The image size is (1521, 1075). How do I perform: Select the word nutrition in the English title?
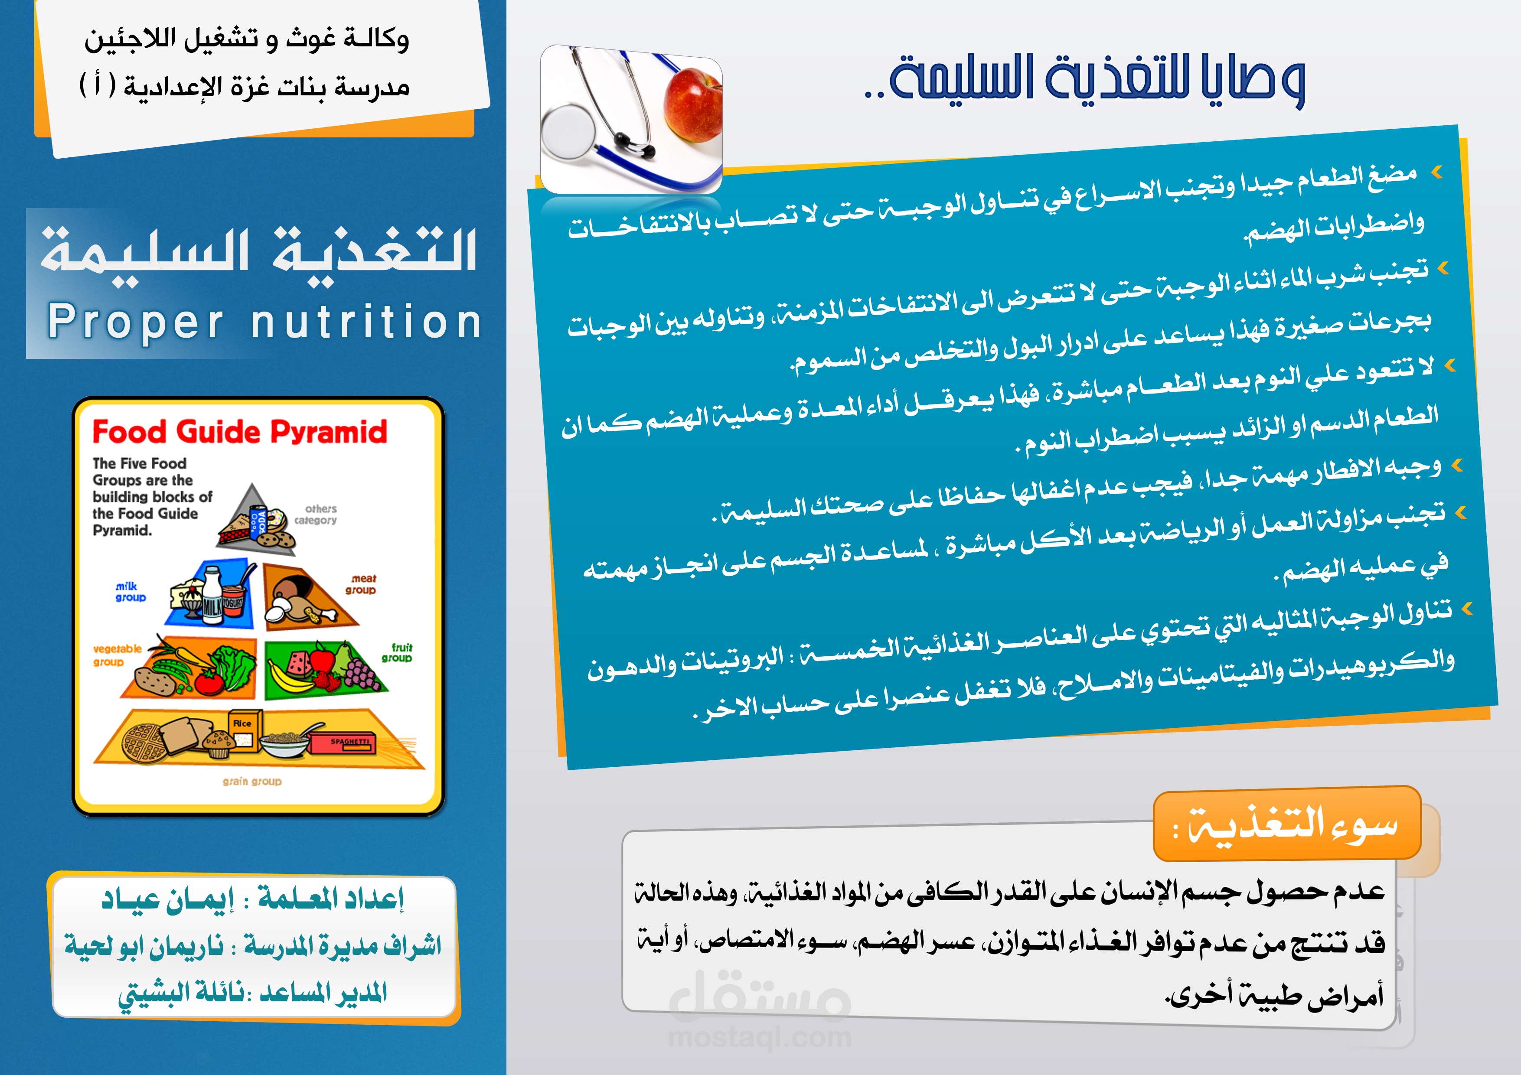click(366, 322)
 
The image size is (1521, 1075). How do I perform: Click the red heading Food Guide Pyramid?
click(239, 432)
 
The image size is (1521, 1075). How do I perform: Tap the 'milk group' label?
click(129, 592)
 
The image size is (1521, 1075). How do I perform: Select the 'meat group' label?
click(361, 584)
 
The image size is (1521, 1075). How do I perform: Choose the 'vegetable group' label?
click(117, 655)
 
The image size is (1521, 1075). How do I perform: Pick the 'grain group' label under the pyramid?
click(252, 782)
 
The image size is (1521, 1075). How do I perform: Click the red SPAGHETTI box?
click(343, 743)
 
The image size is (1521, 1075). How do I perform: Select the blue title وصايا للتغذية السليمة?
click(1087, 79)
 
